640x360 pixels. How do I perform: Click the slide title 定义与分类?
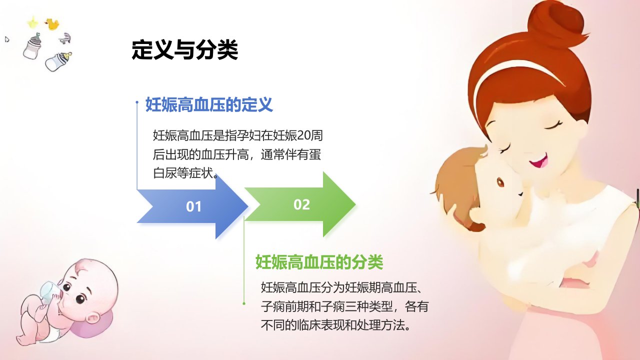[x=184, y=50]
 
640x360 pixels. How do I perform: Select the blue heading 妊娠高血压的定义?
[x=209, y=104]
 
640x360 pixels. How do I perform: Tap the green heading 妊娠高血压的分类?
[x=319, y=262]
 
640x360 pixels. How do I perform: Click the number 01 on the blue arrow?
[x=193, y=206]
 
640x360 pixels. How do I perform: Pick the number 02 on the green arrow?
[x=301, y=204]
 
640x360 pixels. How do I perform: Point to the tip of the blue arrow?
[x=248, y=205]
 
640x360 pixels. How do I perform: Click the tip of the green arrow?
[x=355, y=204]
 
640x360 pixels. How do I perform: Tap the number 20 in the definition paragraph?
[x=304, y=135]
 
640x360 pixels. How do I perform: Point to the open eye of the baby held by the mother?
[x=500, y=182]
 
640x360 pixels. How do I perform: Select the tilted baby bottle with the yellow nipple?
[x=58, y=61]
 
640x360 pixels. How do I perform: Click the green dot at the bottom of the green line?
[x=243, y=303]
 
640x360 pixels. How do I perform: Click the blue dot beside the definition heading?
[x=137, y=102]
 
